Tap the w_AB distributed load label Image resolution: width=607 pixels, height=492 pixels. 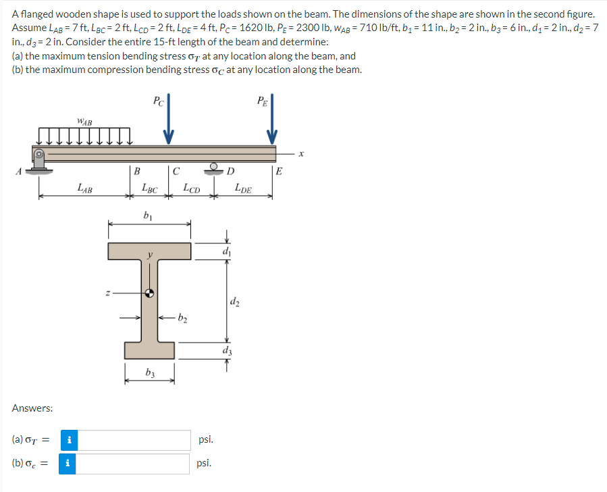point(84,122)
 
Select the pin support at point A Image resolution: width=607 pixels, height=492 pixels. point(39,160)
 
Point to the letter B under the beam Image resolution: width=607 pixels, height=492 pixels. point(137,171)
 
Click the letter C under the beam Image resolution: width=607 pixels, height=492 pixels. point(176,171)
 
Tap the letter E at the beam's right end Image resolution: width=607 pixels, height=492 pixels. point(280,171)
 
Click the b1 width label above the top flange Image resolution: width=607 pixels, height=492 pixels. point(148,215)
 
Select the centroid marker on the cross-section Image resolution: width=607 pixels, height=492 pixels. point(150,293)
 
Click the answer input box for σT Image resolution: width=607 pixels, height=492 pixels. point(138,440)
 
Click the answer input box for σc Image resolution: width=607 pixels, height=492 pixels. point(138,464)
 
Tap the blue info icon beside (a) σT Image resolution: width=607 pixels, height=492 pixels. point(68,440)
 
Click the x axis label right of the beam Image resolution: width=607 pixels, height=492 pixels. point(303,155)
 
